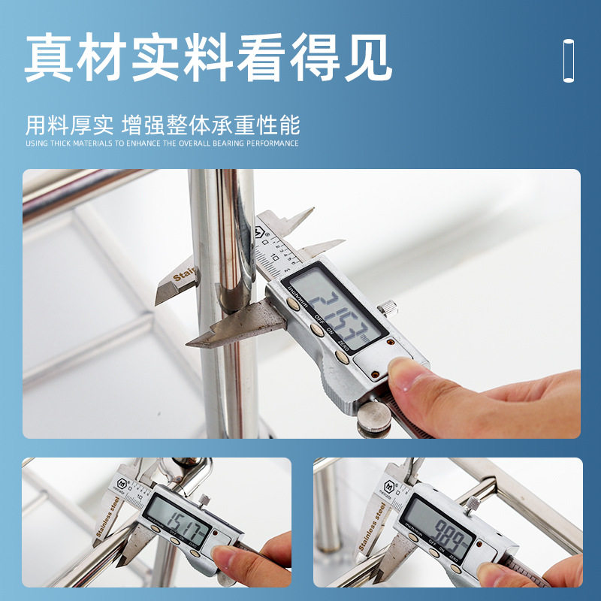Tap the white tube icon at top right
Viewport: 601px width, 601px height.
point(569,59)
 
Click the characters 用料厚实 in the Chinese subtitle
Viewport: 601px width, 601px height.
point(69,123)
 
